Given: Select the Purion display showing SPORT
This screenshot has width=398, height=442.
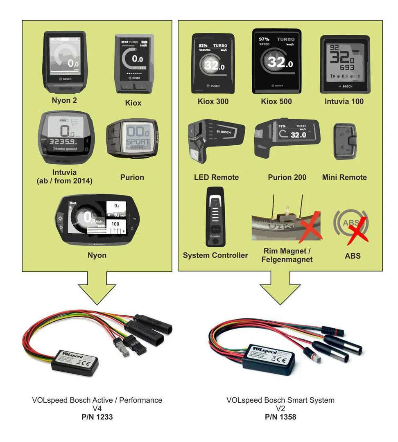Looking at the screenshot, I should (x=132, y=138).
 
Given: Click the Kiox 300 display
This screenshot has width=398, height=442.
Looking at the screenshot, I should (x=213, y=64).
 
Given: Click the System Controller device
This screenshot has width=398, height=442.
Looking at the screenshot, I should (x=215, y=216).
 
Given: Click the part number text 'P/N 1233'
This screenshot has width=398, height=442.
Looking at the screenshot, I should (x=97, y=417).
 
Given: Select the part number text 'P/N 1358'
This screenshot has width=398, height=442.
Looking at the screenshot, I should (x=280, y=417).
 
